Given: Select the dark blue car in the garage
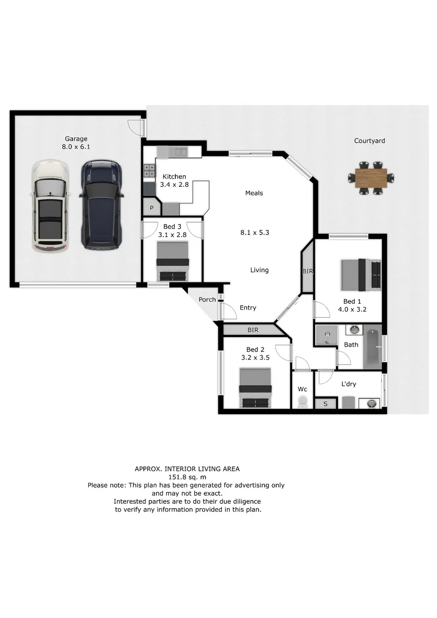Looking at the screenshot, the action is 101,205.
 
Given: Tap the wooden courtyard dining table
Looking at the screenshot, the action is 371,178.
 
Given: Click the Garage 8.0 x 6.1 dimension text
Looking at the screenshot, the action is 76,146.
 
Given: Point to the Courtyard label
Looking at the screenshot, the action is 369,140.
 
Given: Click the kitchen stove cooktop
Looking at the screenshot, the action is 149,170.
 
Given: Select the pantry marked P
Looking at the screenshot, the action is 152,208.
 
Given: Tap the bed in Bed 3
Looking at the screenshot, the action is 173,261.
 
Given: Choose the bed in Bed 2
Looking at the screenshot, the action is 255,388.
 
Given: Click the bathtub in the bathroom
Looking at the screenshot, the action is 372,347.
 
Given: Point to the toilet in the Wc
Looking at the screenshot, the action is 303,401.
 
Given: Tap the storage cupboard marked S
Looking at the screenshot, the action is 325,404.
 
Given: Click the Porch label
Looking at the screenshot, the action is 207,299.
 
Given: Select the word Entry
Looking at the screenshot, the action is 248,308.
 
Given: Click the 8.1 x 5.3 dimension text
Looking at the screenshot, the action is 254,232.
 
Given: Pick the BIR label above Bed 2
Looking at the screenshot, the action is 253,330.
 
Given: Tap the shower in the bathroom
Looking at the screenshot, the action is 326,335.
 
